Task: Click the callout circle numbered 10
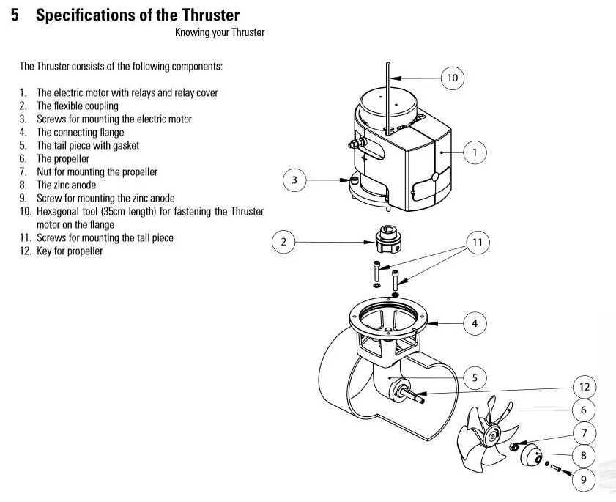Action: pyautogui.click(x=453, y=77)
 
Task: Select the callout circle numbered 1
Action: pyautogui.click(x=475, y=152)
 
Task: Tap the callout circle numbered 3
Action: pyautogui.click(x=294, y=180)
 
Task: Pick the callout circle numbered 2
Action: pyautogui.click(x=283, y=241)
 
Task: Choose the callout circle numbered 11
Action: pyautogui.click(x=478, y=241)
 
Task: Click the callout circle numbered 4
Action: pyautogui.click(x=475, y=322)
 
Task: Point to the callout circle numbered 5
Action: pyautogui.click(x=475, y=378)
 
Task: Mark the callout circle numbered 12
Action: pyautogui.click(x=584, y=386)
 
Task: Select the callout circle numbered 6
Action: pyautogui.click(x=584, y=410)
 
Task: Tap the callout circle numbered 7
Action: pyautogui.click(x=584, y=433)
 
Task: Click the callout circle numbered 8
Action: pyautogui.click(x=584, y=456)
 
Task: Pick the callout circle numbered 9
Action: pyautogui.click(x=584, y=480)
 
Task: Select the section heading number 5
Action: pyautogui.click(x=15, y=15)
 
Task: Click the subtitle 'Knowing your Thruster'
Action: pyautogui.click(x=219, y=32)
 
